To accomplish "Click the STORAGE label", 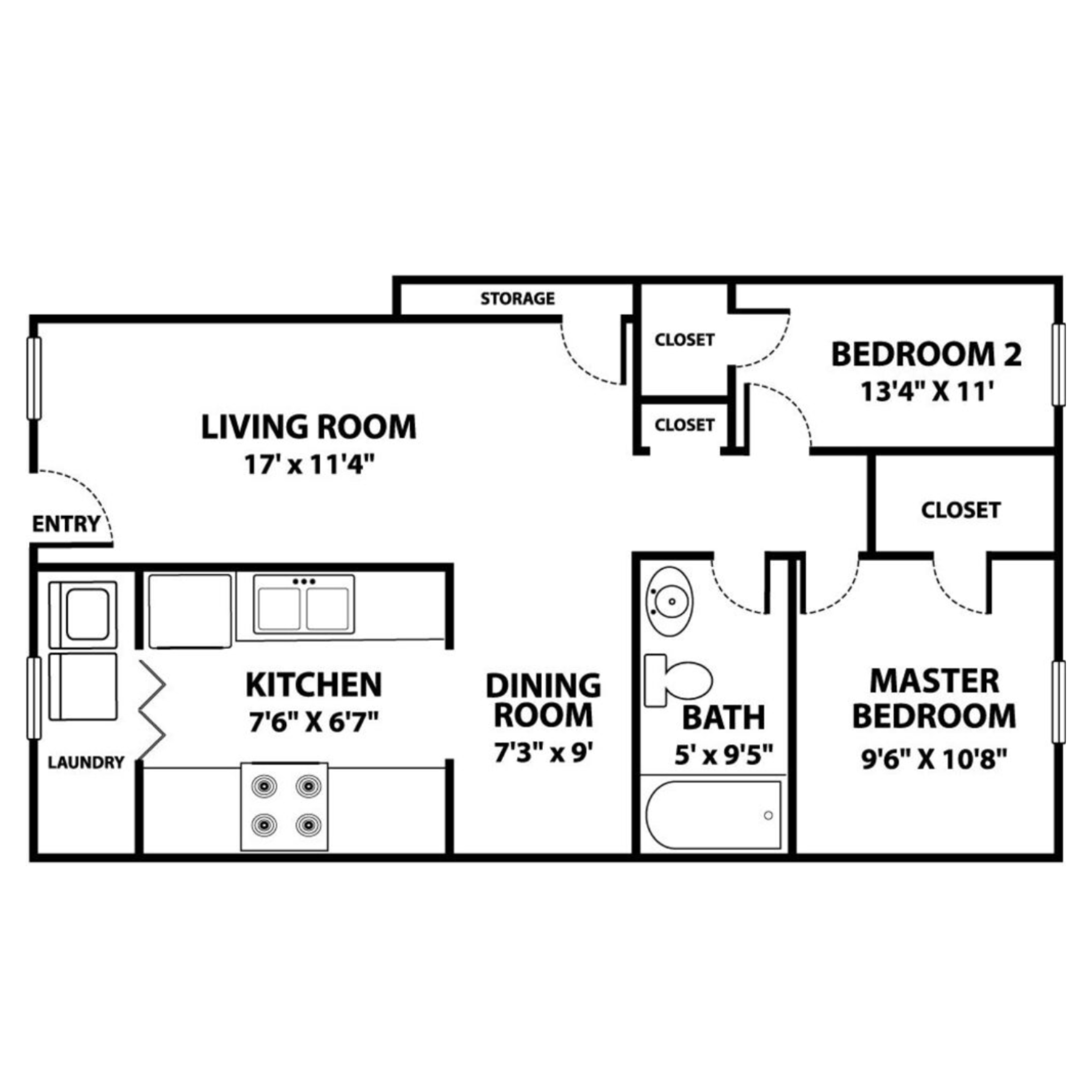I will (x=517, y=299).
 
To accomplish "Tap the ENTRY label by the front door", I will (x=66, y=524).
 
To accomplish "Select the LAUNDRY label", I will (x=86, y=762).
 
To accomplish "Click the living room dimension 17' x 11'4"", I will (x=310, y=465).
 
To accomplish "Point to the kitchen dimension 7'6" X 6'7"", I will (x=313, y=723).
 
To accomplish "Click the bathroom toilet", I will (x=679, y=680).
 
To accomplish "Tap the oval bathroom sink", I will (x=670, y=601).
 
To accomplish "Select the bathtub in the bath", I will (x=713, y=815).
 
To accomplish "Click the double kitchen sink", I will (x=304, y=605).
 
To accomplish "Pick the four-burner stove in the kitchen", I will (x=284, y=806).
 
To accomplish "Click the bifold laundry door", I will (x=152, y=710).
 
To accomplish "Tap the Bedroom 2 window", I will (x=1058, y=364).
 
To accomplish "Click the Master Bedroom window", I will (x=1058, y=702).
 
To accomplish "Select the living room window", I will (x=34, y=379).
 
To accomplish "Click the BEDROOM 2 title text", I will (x=926, y=355).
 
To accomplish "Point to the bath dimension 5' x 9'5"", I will (x=724, y=756).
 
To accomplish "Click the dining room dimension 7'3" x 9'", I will (x=543, y=754).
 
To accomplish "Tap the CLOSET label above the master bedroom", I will (x=961, y=510).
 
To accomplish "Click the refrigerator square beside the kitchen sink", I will (x=190, y=611).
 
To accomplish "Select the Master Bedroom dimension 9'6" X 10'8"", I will (x=934, y=759).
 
